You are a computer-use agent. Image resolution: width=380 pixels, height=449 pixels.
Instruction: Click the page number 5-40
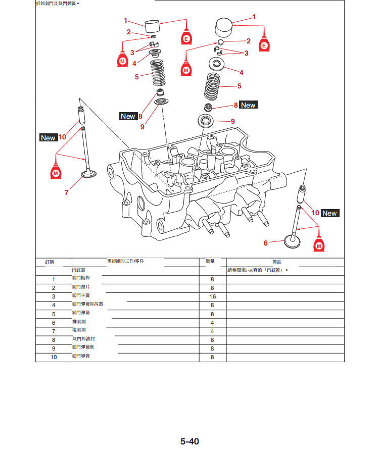(x=190, y=441)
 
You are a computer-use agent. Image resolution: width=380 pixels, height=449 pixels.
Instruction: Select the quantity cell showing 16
(x=212, y=296)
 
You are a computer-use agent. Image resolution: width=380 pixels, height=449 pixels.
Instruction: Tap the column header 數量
(x=211, y=262)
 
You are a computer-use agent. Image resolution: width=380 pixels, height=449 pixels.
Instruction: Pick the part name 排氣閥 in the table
(x=78, y=321)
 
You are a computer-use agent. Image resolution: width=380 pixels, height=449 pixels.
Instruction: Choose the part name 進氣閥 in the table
(x=78, y=330)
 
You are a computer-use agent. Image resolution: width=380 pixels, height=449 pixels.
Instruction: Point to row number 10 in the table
(x=53, y=357)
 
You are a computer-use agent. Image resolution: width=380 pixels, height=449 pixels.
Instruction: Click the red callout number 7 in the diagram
(x=66, y=192)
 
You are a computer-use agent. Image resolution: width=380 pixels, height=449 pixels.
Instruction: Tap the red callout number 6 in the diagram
(x=265, y=243)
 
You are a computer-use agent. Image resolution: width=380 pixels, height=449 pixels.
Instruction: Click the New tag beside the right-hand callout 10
(x=329, y=213)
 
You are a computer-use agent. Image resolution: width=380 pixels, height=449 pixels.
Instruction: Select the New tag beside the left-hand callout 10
(x=48, y=137)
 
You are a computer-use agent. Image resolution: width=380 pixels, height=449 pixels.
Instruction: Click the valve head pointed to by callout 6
(x=293, y=241)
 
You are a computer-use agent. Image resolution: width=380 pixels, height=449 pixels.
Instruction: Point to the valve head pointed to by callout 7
(x=89, y=175)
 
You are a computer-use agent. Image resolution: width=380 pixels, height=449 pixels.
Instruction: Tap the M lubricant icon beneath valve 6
(x=319, y=245)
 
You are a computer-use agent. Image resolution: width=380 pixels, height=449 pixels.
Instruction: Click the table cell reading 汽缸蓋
(x=79, y=270)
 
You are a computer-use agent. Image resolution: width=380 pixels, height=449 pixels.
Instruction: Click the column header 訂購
(x=50, y=262)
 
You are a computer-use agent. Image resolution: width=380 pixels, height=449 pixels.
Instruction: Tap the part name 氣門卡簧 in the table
(x=81, y=295)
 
